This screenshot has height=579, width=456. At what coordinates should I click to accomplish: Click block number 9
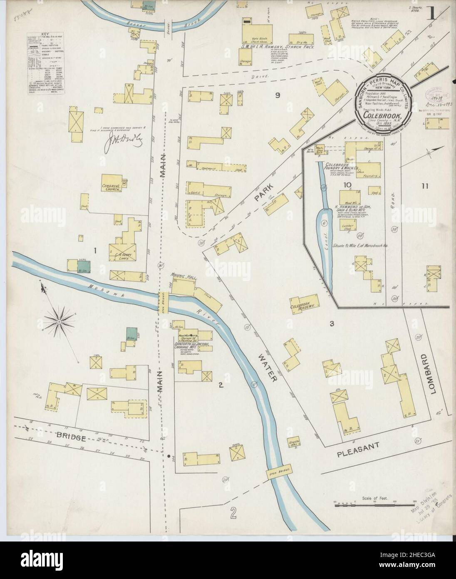pyautogui.click(x=278, y=95)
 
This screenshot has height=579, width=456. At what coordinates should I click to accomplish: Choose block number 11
pyautogui.click(x=424, y=186)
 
